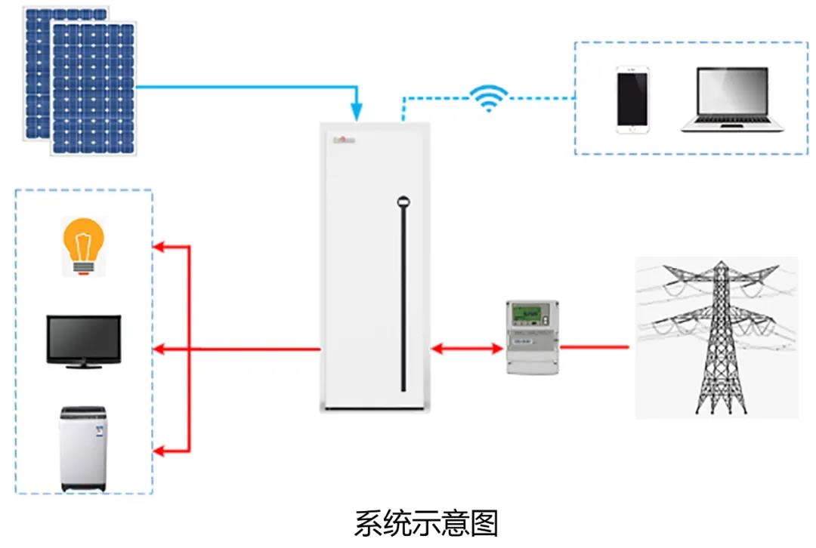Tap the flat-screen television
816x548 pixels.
click(83, 342)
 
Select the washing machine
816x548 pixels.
click(84, 450)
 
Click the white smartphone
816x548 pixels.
click(633, 100)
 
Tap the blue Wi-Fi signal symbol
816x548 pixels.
click(489, 97)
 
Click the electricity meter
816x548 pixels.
click(531, 337)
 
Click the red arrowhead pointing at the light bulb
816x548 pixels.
click(161, 247)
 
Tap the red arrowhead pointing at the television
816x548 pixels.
click(161, 349)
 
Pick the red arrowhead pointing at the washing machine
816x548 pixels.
click(161, 451)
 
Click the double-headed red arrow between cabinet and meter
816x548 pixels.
click(467, 349)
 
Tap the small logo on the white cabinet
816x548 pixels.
click(344, 139)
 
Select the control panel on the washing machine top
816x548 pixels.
click(84, 414)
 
